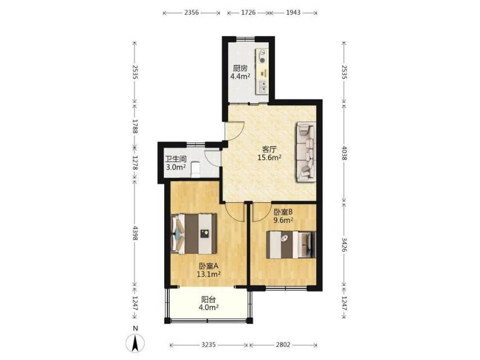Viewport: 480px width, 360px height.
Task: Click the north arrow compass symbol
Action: [x=135, y=343]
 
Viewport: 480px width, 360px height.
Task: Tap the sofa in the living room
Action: [x=306, y=152]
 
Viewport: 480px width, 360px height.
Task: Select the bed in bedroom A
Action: [x=194, y=233]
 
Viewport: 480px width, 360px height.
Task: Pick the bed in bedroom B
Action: [x=291, y=245]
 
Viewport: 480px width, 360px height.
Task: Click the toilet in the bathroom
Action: [x=195, y=170]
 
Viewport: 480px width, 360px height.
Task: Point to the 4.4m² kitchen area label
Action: [x=241, y=76]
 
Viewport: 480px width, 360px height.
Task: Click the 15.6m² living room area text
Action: [x=270, y=158]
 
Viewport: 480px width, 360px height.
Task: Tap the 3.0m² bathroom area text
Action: [x=176, y=167]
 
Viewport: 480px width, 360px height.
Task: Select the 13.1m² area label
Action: [x=209, y=274]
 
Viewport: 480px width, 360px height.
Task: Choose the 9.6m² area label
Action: [x=283, y=220]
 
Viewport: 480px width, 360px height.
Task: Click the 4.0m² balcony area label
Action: [x=209, y=307]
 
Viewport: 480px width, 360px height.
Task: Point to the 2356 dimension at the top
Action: [x=191, y=12]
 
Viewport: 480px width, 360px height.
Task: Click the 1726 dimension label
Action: [x=248, y=12]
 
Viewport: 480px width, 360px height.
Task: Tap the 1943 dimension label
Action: [x=293, y=12]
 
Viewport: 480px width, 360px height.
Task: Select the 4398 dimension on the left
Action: [x=135, y=233]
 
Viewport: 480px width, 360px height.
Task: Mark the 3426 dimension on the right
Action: [x=344, y=245]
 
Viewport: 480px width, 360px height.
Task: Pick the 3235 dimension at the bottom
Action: [x=209, y=345]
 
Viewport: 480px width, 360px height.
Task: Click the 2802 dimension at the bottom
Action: [x=283, y=345]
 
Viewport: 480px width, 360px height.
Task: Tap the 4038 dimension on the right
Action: [x=344, y=153]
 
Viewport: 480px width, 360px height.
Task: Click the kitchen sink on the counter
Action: [x=262, y=87]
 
